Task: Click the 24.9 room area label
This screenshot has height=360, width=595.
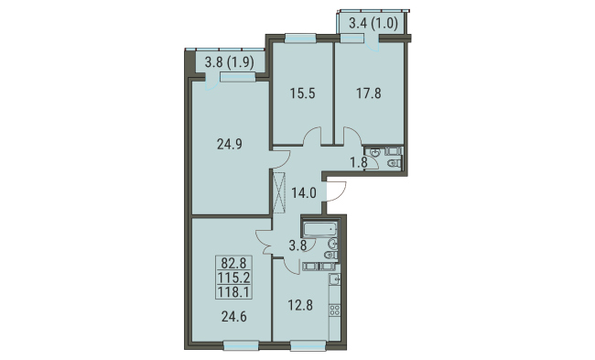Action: pos(230,145)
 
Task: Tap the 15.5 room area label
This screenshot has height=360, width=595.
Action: pos(303,93)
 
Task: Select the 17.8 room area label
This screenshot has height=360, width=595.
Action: pos(369,93)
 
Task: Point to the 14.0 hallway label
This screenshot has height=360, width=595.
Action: pos(304,193)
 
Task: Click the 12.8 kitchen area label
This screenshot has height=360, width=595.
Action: pos(300,304)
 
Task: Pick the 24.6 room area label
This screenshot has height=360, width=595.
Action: pos(233,316)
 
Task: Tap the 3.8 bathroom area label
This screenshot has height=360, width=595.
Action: pos(297,245)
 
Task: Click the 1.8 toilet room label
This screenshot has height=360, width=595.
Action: pos(359,162)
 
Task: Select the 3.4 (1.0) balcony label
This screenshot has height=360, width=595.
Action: pos(373,24)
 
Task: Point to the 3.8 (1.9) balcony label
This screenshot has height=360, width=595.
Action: pos(229,62)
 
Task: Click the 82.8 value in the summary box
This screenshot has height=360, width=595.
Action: pos(233,262)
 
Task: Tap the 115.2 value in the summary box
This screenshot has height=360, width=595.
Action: pos(233,278)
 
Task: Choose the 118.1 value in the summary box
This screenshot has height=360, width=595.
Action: pos(233,292)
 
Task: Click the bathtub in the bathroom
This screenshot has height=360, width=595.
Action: pos(320,229)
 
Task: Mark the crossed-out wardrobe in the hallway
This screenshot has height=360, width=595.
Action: pos(279,193)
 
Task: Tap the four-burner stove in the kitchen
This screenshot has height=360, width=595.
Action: pos(334,310)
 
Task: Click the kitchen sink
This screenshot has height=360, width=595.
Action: pos(334,280)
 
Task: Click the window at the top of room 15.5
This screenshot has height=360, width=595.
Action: pos(300,38)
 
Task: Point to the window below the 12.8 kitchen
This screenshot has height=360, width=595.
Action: pos(308,345)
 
